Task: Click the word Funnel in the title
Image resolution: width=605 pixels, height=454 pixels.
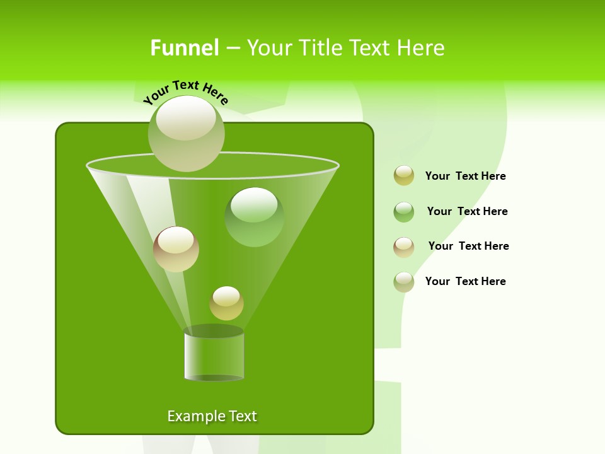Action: point(185,48)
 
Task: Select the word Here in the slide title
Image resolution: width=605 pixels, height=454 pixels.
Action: point(420,48)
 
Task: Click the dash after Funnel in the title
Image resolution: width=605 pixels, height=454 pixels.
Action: point(232,48)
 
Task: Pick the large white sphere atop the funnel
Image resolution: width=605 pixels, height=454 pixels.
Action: point(187,133)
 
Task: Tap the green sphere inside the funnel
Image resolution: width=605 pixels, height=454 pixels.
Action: point(254,216)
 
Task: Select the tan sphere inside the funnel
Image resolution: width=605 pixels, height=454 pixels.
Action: point(176,249)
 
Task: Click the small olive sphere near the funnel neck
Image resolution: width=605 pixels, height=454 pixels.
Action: point(226,303)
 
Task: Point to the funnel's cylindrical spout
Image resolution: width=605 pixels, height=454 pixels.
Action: point(214,356)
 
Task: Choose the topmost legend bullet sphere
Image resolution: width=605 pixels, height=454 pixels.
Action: point(404,176)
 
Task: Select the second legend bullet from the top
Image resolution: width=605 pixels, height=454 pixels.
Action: point(404,212)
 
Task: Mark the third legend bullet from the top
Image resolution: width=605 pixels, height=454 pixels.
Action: point(404,247)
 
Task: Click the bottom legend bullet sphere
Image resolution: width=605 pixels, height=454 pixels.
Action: point(404,282)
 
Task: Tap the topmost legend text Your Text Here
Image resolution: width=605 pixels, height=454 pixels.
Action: point(466,177)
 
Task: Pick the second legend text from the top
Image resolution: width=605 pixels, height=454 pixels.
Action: point(467,212)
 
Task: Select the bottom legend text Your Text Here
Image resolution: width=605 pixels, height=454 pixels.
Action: point(466,282)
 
